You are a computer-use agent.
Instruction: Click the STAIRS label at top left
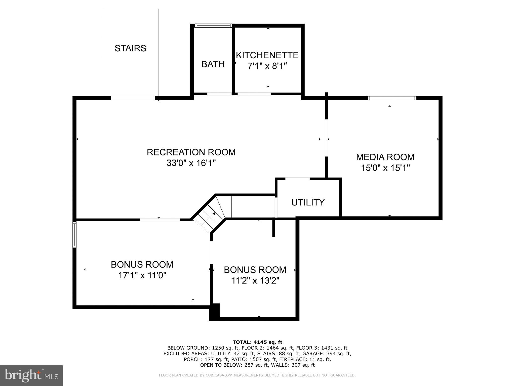point(130,48)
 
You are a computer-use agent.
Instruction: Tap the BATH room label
point(213,64)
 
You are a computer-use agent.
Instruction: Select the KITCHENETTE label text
point(267,55)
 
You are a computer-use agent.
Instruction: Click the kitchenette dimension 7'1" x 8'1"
point(267,66)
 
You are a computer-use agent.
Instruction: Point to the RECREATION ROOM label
point(191,152)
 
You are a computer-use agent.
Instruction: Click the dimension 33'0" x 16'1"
point(191,163)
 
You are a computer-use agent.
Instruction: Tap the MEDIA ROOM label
point(385,157)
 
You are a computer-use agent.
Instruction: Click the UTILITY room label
point(308,202)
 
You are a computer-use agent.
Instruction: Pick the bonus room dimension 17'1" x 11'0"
point(142,275)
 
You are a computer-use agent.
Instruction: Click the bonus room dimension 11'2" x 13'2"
point(255,280)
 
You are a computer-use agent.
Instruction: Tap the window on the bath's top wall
point(213,25)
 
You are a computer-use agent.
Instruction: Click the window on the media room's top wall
point(392,98)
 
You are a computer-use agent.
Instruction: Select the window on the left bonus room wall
point(74,234)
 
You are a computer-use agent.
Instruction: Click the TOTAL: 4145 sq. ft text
point(257,342)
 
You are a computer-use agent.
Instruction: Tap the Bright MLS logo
point(31,375)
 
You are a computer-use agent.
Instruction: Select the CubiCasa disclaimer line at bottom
point(257,375)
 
